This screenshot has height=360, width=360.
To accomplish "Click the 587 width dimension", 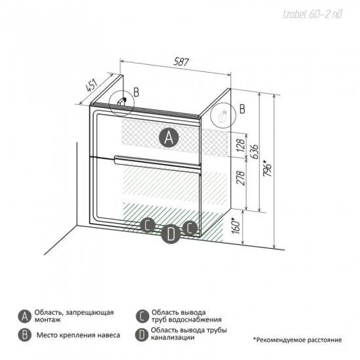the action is [181, 62].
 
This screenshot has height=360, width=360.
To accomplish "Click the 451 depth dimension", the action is [92, 85].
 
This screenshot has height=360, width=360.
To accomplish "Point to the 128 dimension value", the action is [241, 145].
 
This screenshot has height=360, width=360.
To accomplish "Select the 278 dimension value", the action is [241, 177].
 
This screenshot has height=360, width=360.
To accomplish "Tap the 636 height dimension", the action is [255, 152].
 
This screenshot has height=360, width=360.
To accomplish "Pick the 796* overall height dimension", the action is [268, 168].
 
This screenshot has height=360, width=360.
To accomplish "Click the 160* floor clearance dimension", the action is [236, 226].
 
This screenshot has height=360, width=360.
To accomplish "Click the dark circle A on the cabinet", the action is [169, 137].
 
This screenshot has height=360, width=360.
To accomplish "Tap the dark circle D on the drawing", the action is [171, 234].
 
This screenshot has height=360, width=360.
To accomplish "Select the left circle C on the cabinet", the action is [147, 225].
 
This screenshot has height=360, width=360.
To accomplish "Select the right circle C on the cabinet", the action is [190, 228].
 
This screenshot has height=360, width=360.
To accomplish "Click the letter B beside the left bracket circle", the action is [136, 92].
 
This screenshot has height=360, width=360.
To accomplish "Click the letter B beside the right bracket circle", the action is [242, 109].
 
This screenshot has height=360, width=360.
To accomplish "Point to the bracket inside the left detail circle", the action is [122, 101].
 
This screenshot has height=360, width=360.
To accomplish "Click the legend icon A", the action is [25, 317].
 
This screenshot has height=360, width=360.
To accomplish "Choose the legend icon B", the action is [25, 335].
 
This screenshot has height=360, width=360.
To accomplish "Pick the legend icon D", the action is [142, 334].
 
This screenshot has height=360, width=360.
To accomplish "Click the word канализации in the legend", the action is [172, 338].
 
